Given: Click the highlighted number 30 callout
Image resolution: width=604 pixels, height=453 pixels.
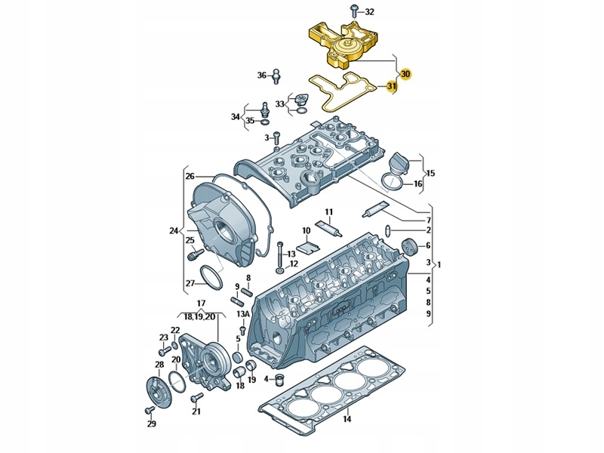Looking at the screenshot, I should [405, 74].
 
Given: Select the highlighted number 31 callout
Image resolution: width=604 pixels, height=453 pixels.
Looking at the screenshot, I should [391, 87].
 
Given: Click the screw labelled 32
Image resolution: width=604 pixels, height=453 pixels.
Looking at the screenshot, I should [353, 11].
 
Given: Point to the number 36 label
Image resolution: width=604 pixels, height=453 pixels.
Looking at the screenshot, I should [262, 75].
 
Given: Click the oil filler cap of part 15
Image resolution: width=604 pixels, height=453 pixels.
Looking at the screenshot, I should [398, 162].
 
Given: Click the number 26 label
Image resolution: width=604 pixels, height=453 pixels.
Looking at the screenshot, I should [190, 176].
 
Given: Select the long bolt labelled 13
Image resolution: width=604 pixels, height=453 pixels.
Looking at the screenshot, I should [279, 253].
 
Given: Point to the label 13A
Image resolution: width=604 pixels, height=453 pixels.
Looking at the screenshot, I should [242, 313].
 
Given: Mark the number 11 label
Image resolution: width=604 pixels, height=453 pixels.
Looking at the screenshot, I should [328, 211].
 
